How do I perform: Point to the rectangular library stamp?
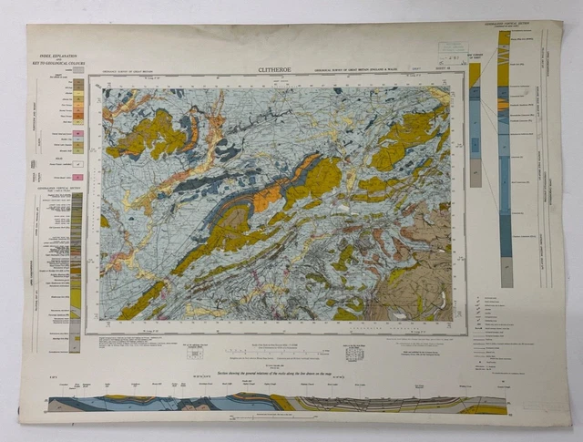coord(452,52)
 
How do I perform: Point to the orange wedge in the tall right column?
coord(503,104)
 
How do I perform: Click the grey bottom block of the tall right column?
coord(506,272)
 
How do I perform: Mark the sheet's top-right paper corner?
coord(560,24)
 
